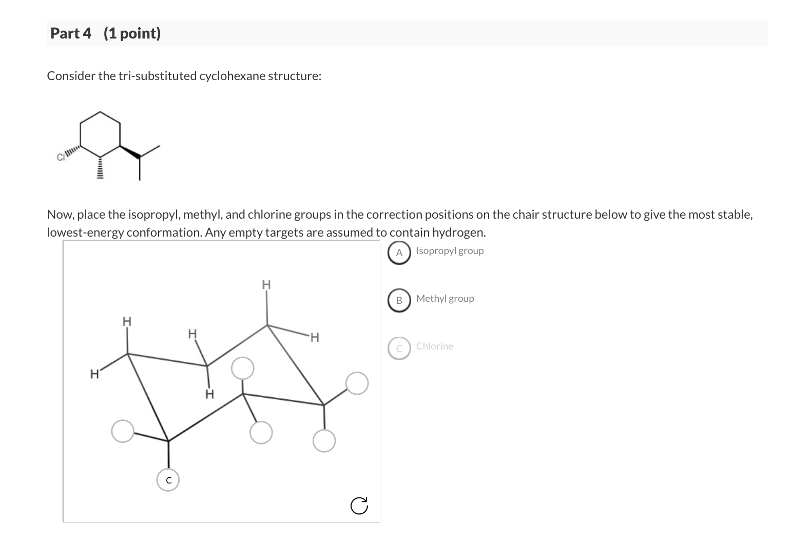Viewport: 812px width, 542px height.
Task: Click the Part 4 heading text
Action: tap(71, 33)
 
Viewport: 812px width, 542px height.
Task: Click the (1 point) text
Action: tap(132, 33)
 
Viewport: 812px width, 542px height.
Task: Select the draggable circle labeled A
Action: tap(399, 253)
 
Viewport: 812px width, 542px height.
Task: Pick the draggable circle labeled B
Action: tap(399, 300)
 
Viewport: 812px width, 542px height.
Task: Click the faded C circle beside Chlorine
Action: tap(399, 348)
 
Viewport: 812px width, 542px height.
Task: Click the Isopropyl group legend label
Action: tap(450, 251)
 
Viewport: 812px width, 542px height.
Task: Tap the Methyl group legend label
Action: tap(445, 299)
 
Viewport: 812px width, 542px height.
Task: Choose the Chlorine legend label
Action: tap(435, 346)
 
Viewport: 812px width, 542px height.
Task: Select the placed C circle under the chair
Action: tap(168, 480)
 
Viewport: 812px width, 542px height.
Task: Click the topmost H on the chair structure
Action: tap(266, 284)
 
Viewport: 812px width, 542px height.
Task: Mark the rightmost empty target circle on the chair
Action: tap(357, 383)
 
